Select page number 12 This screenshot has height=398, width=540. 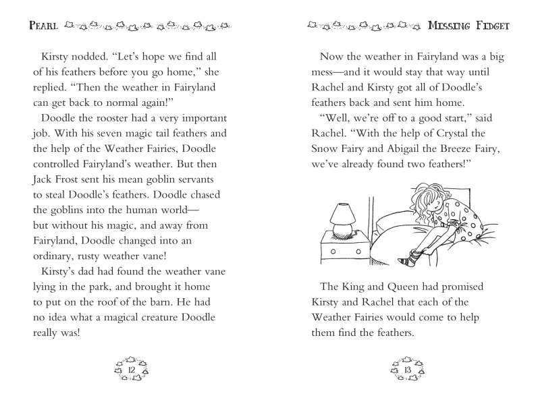(x=132, y=370)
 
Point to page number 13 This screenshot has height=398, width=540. (x=407, y=370)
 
